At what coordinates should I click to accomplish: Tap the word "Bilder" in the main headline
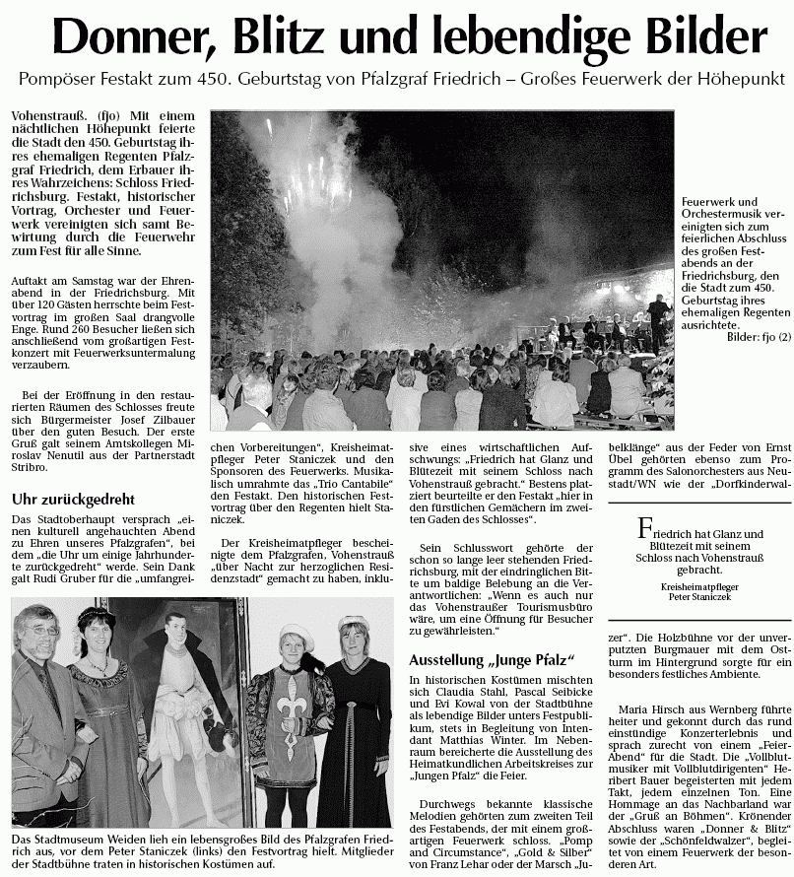pos(703,38)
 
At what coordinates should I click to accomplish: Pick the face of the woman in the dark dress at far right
pos(353,642)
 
